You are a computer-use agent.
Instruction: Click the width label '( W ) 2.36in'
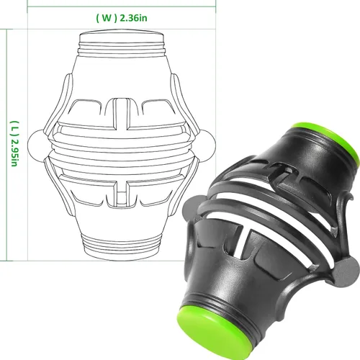pyautogui.click(x=122, y=18)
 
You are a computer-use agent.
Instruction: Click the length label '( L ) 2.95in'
pyautogui.click(x=14, y=143)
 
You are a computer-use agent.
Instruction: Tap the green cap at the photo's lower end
pyautogui.click(x=210, y=333)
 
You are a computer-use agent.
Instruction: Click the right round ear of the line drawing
pyautogui.click(x=208, y=145)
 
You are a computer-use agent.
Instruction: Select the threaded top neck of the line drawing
pyautogui.click(x=122, y=43)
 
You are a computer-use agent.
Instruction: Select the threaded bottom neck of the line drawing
pyautogui.click(x=122, y=247)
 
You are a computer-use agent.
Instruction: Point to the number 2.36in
pyautogui.click(x=133, y=18)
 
